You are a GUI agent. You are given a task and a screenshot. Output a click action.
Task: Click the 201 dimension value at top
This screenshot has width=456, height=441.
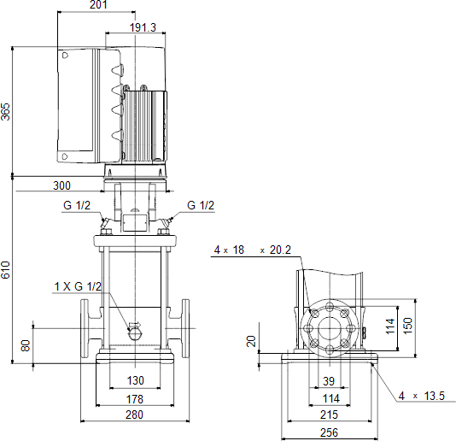(98, 4)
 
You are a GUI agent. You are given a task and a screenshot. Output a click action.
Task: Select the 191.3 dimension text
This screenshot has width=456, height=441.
(143, 27)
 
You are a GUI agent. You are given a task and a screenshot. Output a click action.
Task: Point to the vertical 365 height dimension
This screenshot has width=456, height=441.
(5, 111)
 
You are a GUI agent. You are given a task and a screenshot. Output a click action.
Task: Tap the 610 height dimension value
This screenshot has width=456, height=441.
(5, 270)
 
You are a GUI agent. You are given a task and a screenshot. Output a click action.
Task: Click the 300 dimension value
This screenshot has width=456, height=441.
(61, 185)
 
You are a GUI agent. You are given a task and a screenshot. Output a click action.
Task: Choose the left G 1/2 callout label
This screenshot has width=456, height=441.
(77, 205)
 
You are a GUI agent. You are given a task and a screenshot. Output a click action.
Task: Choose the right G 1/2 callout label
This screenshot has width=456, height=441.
(201, 205)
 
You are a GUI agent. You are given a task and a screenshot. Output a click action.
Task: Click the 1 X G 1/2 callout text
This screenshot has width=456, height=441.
(78, 286)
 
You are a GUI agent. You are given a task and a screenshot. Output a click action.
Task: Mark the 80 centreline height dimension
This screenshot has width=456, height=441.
(26, 345)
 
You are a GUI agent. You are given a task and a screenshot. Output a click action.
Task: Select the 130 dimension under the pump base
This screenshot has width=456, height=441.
(135, 380)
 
